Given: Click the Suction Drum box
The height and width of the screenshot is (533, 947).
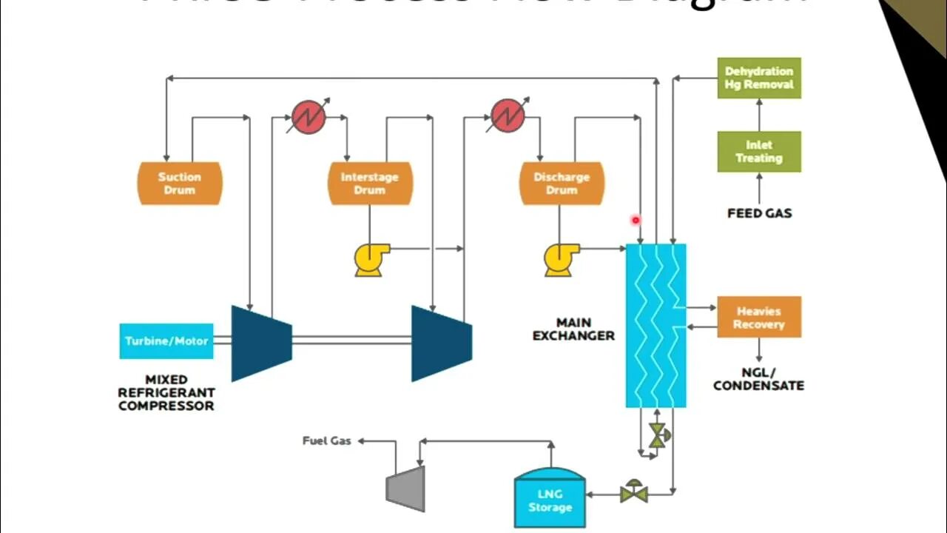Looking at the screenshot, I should pos(180,184).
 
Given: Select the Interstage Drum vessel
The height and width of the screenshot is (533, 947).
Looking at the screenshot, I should pos(370,184).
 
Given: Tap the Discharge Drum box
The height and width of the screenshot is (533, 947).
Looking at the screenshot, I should pos(562,184).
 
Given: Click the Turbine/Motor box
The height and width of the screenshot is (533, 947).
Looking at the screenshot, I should pos(166,341).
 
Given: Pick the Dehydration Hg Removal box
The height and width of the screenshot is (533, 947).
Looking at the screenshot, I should pos(759,78).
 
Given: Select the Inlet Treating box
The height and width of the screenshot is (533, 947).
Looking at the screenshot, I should pos(759,152).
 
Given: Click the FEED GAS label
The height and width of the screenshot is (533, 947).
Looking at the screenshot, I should pos(759,213).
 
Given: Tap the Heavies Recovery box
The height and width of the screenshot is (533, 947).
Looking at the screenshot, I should pos(759,318).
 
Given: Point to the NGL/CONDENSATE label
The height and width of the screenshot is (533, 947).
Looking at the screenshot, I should pos(758,379).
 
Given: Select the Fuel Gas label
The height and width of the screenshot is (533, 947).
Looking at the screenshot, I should pos(326,440).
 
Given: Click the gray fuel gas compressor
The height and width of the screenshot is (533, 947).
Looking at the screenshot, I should pos(406,489).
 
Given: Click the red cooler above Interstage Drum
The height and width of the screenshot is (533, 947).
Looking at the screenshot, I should pos(309,117).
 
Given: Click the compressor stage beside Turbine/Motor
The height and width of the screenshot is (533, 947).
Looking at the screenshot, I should pos(261,343).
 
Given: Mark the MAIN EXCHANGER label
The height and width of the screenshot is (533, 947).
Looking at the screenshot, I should pos(573,329).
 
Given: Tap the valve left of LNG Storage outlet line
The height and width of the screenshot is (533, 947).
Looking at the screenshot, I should pos(634,492).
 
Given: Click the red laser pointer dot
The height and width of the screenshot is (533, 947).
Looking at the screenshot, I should pos(635,220).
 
